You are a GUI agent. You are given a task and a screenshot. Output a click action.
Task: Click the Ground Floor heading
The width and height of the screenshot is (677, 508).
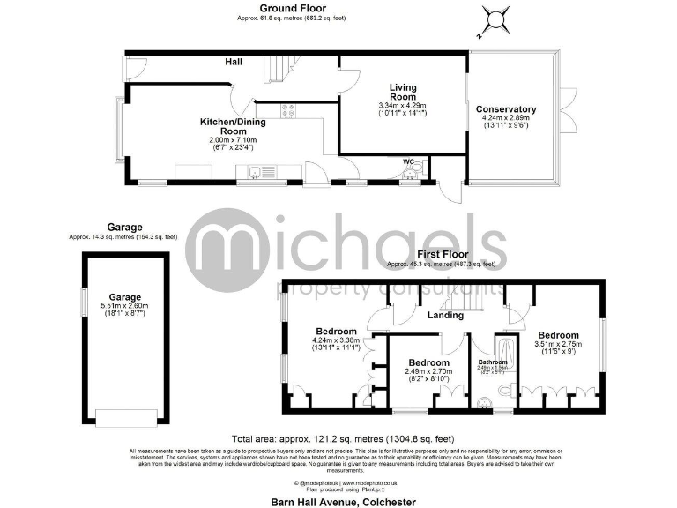(x=286, y=8)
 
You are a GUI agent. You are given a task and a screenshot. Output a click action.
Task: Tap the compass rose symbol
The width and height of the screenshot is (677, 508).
(x=495, y=19)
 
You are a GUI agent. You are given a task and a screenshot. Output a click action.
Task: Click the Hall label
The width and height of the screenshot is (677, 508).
(x=234, y=62)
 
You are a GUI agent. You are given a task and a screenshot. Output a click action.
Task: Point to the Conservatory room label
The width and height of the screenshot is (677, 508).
(x=510, y=109)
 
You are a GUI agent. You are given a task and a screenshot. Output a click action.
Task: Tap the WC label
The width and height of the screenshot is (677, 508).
(x=409, y=162)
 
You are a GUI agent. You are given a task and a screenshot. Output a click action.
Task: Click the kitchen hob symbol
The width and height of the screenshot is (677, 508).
(x=287, y=110)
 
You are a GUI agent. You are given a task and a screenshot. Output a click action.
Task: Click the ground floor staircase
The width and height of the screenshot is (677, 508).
(x=276, y=68)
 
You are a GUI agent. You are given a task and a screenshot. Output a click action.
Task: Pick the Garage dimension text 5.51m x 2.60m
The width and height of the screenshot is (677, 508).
(x=124, y=305)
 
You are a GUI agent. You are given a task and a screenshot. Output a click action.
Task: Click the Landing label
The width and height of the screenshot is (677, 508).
(x=445, y=315)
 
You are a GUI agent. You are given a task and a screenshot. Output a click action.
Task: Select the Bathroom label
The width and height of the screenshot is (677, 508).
(x=493, y=362)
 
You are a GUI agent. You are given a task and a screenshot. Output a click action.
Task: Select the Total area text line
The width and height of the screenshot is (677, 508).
(x=343, y=438)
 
